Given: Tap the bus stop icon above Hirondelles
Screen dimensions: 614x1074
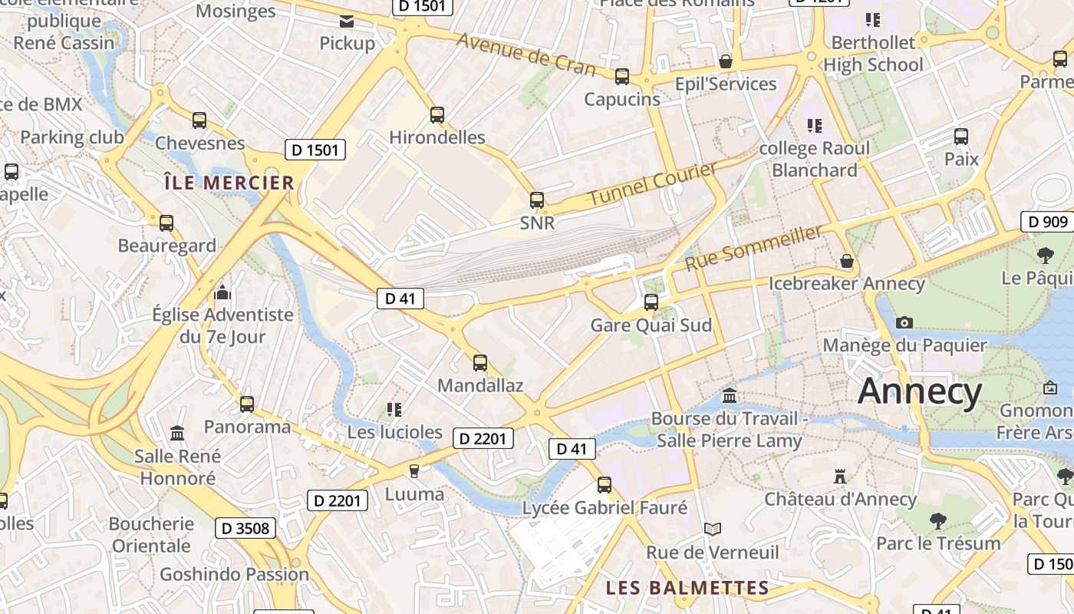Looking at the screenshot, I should [437, 115].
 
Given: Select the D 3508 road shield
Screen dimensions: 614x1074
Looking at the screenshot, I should [245, 528].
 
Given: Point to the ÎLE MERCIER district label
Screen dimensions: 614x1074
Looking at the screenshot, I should [229, 183].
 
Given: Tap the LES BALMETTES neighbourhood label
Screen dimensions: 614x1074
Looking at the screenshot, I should [687, 588].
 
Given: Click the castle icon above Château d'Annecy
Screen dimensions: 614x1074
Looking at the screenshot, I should [840, 477].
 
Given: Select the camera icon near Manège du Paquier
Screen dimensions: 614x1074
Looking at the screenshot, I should [904, 322].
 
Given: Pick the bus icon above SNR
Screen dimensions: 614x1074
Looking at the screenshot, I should [537, 200].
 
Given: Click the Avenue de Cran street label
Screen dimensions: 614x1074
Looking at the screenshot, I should [525, 54].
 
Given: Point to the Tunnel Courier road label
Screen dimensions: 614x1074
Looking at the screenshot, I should [653, 184].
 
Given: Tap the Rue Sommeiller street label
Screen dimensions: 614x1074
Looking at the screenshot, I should [753, 247].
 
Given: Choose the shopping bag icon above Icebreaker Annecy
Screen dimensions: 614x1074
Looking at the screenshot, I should [847, 261].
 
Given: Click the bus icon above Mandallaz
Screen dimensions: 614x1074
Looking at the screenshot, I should [480, 363].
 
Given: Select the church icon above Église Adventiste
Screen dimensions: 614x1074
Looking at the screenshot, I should [222, 292].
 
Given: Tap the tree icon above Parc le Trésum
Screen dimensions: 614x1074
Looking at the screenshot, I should [937, 521].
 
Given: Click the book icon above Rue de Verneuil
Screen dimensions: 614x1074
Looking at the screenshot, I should [713, 529].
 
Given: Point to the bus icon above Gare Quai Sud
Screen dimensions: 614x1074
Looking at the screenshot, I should [651, 302].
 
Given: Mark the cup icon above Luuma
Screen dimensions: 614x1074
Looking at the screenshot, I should [414, 470].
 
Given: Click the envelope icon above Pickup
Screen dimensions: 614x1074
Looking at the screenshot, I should [347, 21].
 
